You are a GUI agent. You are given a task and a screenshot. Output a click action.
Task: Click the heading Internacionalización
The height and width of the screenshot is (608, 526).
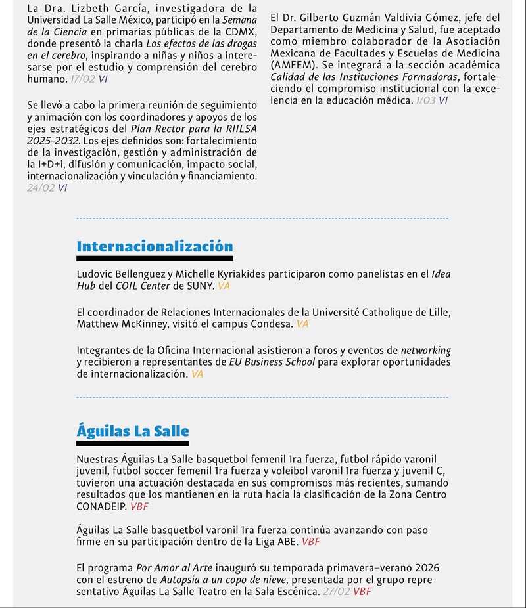[155, 247]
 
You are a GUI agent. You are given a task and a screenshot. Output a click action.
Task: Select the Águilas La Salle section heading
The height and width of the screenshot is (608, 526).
[133, 431]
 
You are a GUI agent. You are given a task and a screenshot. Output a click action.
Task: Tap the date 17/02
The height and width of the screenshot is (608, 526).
[82, 79]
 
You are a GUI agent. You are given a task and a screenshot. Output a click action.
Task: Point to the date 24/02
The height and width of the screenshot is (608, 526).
[41, 188]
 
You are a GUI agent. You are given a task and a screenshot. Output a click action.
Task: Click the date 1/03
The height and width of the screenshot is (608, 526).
[425, 100]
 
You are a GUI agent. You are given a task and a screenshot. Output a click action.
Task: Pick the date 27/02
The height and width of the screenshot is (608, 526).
[335, 591]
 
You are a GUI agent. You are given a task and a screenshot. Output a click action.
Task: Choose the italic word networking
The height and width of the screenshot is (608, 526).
[426, 351]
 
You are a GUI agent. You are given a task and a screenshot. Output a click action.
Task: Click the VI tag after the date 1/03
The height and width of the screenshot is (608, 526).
[443, 100]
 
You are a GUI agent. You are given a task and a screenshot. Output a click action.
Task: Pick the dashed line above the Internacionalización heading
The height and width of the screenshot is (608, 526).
[262, 218]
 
